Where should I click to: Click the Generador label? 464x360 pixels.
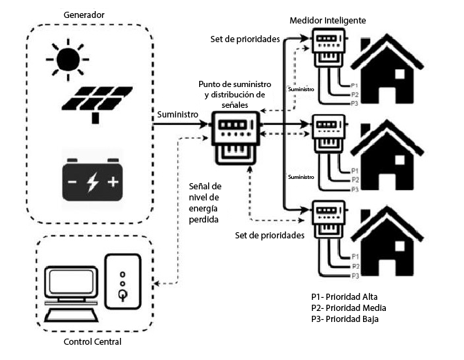point(84,15)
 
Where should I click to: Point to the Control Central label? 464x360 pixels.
point(92,342)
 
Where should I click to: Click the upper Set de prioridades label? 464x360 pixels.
point(245,39)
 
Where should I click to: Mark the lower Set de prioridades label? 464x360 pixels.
point(270,235)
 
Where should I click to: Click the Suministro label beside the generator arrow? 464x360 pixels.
point(176,114)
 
